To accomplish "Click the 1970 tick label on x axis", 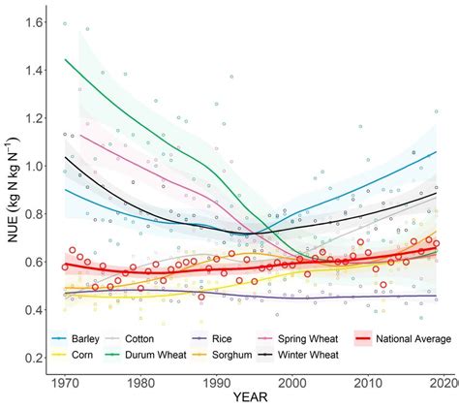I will click(x=65, y=383).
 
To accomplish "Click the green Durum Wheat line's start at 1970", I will click(x=65, y=60).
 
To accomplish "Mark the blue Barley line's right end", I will click(x=436, y=152).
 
